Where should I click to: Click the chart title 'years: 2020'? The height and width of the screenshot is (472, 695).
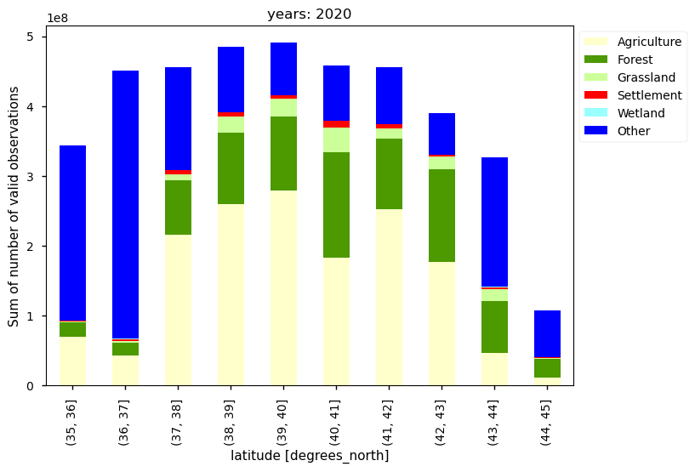(309, 14)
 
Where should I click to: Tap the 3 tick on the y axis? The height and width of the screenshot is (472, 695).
(35, 177)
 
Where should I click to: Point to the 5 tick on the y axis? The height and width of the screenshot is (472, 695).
(35, 37)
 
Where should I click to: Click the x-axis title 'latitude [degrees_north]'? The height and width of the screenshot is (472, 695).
(310, 456)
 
